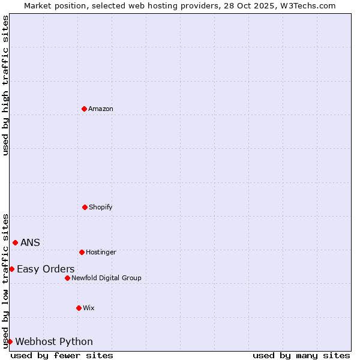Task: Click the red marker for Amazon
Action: pos(84,109)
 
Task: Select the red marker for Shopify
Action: pos(85,207)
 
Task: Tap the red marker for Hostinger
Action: pos(82,252)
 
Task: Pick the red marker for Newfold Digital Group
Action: pos(67,278)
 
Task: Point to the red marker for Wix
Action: pos(79,308)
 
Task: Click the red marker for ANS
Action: pos(15,242)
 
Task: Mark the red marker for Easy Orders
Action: pos(11,269)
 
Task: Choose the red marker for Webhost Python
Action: pos(10,341)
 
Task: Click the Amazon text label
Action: pos(101,109)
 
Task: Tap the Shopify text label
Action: pos(101,207)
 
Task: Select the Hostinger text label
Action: pos(101,252)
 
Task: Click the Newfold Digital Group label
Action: pos(106,278)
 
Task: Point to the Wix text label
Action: pos(89,308)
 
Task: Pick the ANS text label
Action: pos(30,242)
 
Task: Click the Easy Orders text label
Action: pos(46,269)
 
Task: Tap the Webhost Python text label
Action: pos(54,341)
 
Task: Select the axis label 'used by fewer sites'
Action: pos(62,355)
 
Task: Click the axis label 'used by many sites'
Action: pos(301,355)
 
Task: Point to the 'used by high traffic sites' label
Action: pos(5,85)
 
